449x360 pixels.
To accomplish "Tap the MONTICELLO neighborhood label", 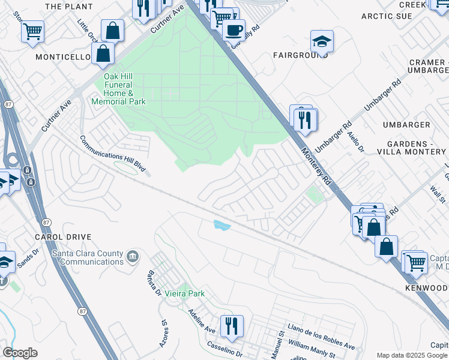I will click(63, 57).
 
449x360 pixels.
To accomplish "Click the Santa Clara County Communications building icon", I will click(133, 258).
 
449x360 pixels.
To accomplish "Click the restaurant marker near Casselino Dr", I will click(231, 326).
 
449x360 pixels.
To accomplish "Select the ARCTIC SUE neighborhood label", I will click(387, 16).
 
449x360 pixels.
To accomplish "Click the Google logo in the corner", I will click(20, 353).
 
